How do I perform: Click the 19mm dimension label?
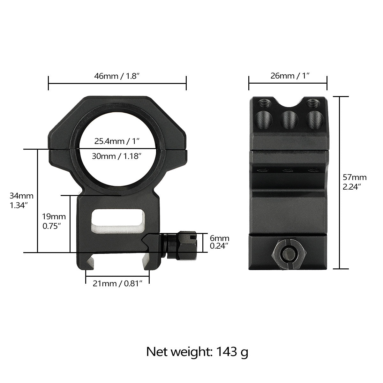coord(54,217)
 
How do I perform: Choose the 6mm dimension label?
coord(220,238)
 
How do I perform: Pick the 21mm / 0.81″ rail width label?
coord(117,283)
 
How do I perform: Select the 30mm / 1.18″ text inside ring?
coord(117,156)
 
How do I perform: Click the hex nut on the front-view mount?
coord(186,245)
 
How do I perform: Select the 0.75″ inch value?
coord(52,226)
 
